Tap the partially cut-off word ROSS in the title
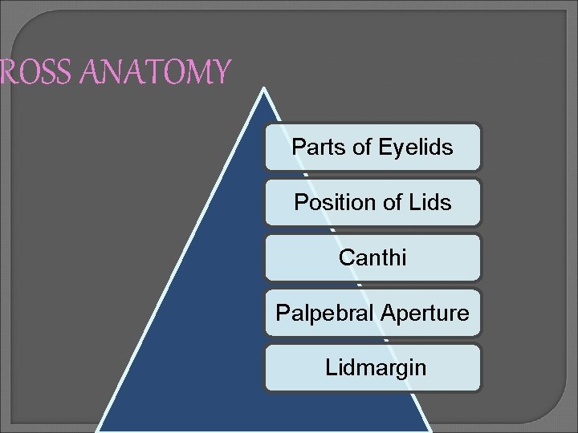click(x=32, y=72)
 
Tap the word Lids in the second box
click(x=433, y=203)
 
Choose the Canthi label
click(x=372, y=257)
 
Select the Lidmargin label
click(x=375, y=368)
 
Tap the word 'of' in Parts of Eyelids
click(x=353, y=148)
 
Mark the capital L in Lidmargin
click(x=330, y=368)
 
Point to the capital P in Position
click(x=300, y=203)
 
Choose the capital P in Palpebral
click(x=282, y=313)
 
